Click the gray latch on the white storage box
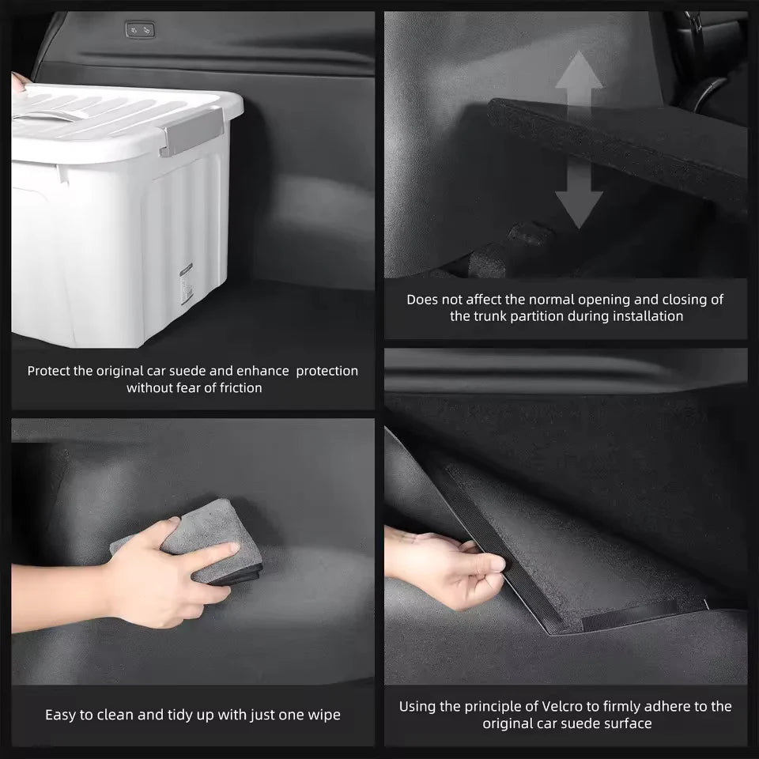click(191, 131)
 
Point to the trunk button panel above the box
click(139, 30)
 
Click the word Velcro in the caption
click(565, 706)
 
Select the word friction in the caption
click(234, 387)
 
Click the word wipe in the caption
click(324, 715)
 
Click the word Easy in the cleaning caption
click(61, 715)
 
